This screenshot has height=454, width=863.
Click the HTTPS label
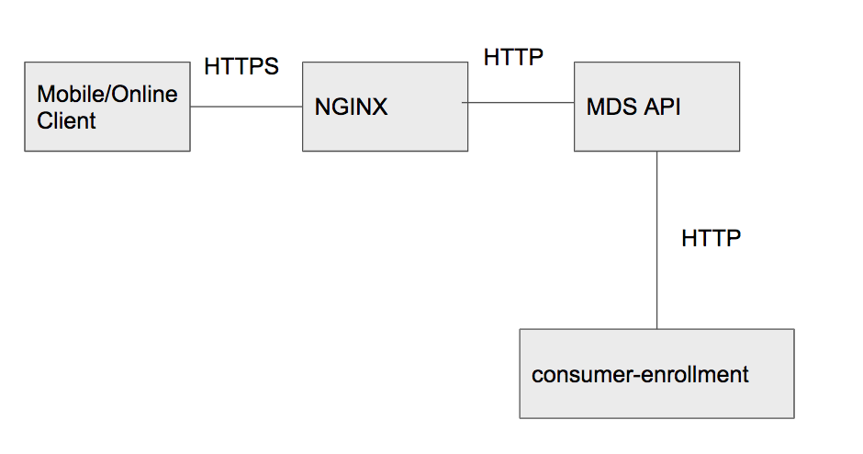(x=241, y=67)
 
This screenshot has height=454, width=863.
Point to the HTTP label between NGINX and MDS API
(x=514, y=57)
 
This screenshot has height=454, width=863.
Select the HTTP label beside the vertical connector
(x=711, y=239)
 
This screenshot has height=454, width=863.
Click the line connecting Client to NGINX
(x=246, y=107)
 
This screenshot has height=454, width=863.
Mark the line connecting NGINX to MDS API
(x=521, y=103)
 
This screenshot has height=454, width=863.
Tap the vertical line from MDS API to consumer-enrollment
(x=656, y=239)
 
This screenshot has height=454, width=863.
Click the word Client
(x=66, y=120)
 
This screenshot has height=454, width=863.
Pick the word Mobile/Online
(x=107, y=95)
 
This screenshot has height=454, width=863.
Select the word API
(x=661, y=107)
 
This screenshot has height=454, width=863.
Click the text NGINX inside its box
(x=352, y=107)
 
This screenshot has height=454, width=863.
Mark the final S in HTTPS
(x=271, y=67)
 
